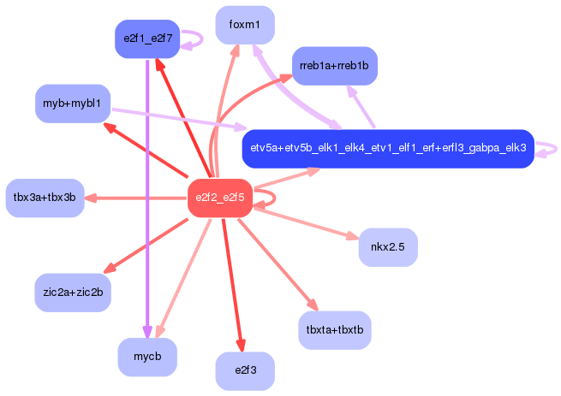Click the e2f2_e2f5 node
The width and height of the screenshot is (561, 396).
[220, 198]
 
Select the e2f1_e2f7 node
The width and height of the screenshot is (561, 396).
[147, 38]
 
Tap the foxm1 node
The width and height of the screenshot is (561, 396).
[245, 25]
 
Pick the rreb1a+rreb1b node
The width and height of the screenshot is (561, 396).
[334, 65]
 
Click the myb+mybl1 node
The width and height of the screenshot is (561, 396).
[72, 103]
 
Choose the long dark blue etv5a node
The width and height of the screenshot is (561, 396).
[388, 148]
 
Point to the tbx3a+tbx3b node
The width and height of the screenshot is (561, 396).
[45, 198]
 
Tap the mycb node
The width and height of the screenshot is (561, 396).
[147, 357]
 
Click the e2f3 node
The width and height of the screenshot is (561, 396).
[245, 371]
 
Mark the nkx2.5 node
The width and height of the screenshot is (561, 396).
[388, 248]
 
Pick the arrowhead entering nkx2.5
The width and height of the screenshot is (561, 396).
[353, 238]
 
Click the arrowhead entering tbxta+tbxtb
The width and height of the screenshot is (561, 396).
[313, 305]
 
